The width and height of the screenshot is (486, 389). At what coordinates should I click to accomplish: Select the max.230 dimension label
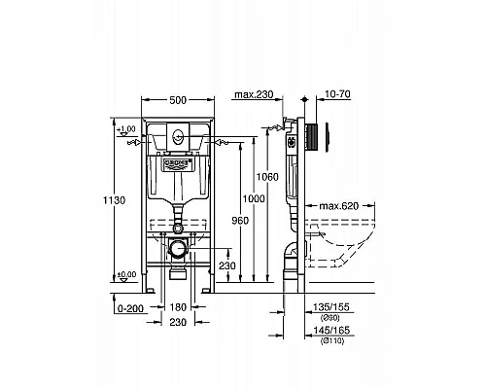point(254,94)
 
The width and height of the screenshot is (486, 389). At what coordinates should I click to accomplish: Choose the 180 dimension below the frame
point(176,306)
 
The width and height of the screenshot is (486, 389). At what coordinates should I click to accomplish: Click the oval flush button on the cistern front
point(177,138)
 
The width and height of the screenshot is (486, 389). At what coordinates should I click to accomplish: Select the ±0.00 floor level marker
point(126,275)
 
